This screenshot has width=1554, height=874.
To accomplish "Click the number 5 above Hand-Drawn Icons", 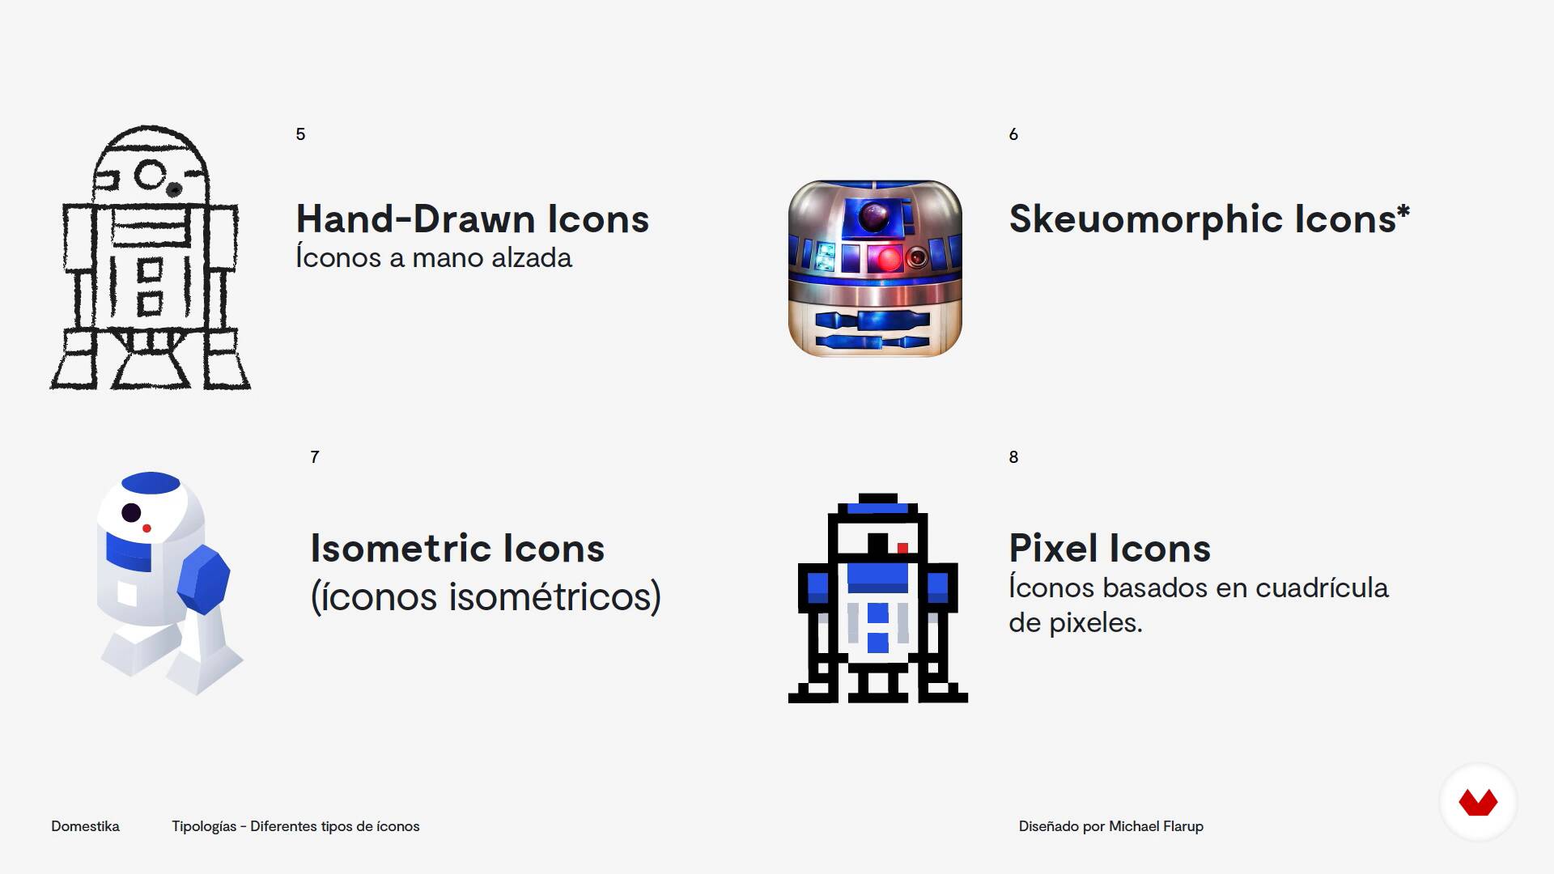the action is click(x=300, y=134).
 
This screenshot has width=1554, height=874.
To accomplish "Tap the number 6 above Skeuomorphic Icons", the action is click(x=1013, y=134).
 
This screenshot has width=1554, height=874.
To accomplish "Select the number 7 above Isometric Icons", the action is click(x=315, y=457).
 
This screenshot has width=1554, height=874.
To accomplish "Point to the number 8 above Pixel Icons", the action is click(x=1013, y=457).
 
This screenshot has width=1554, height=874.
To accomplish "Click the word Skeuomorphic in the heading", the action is click(x=1145, y=220).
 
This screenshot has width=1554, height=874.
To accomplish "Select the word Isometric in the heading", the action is click(x=401, y=549).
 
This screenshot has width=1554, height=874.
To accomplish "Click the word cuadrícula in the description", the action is click(x=1322, y=588).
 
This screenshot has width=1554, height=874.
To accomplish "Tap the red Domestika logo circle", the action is click(x=1478, y=802).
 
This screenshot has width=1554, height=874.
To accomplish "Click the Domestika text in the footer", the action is click(x=85, y=826).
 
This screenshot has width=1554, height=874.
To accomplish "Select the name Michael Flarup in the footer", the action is click(x=1156, y=826).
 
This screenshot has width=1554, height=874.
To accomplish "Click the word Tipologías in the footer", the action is click(x=204, y=826).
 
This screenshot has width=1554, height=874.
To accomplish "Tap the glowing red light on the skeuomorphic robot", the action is click(x=888, y=259).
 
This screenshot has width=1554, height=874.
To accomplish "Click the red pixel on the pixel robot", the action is click(x=902, y=548).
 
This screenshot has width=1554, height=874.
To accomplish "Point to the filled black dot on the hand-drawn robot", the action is click(x=174, y=189).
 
